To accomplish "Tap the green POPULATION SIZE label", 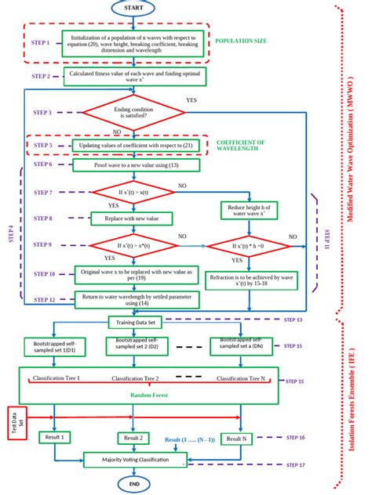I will point(239,40).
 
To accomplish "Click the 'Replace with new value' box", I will point(128,219).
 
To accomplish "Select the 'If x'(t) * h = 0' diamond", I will point(249,247).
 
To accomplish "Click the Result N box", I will point(234,439).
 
